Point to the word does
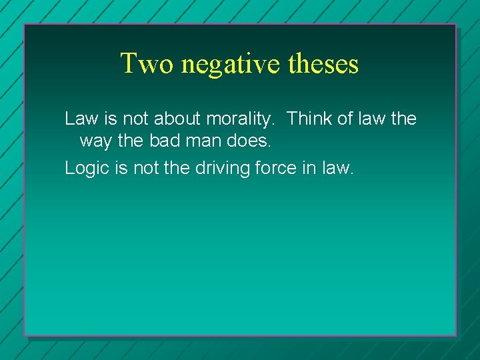[247, 142]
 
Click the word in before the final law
[311, 168]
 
